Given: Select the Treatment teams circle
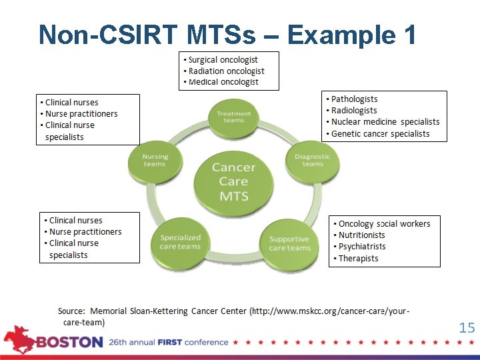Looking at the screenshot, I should coord(234,117).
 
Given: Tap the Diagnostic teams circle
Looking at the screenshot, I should coord(312,160).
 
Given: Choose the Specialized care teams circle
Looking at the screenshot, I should coord(180,241).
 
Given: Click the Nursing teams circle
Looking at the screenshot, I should coord(155,160).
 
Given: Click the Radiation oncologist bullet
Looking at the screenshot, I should coord(226,71).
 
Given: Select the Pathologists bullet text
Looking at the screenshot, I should coord(354,99).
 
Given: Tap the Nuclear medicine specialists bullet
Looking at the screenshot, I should coord(385,122).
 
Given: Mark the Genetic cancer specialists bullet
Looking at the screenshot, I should coord(380,134).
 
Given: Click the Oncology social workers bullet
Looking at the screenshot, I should coord(384,224).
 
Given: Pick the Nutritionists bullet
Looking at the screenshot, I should coord(361,235).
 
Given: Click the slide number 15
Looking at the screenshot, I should coord(467,327).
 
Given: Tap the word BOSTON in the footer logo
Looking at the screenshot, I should coord(69,343).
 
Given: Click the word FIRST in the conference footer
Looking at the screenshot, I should coord(171,343).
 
